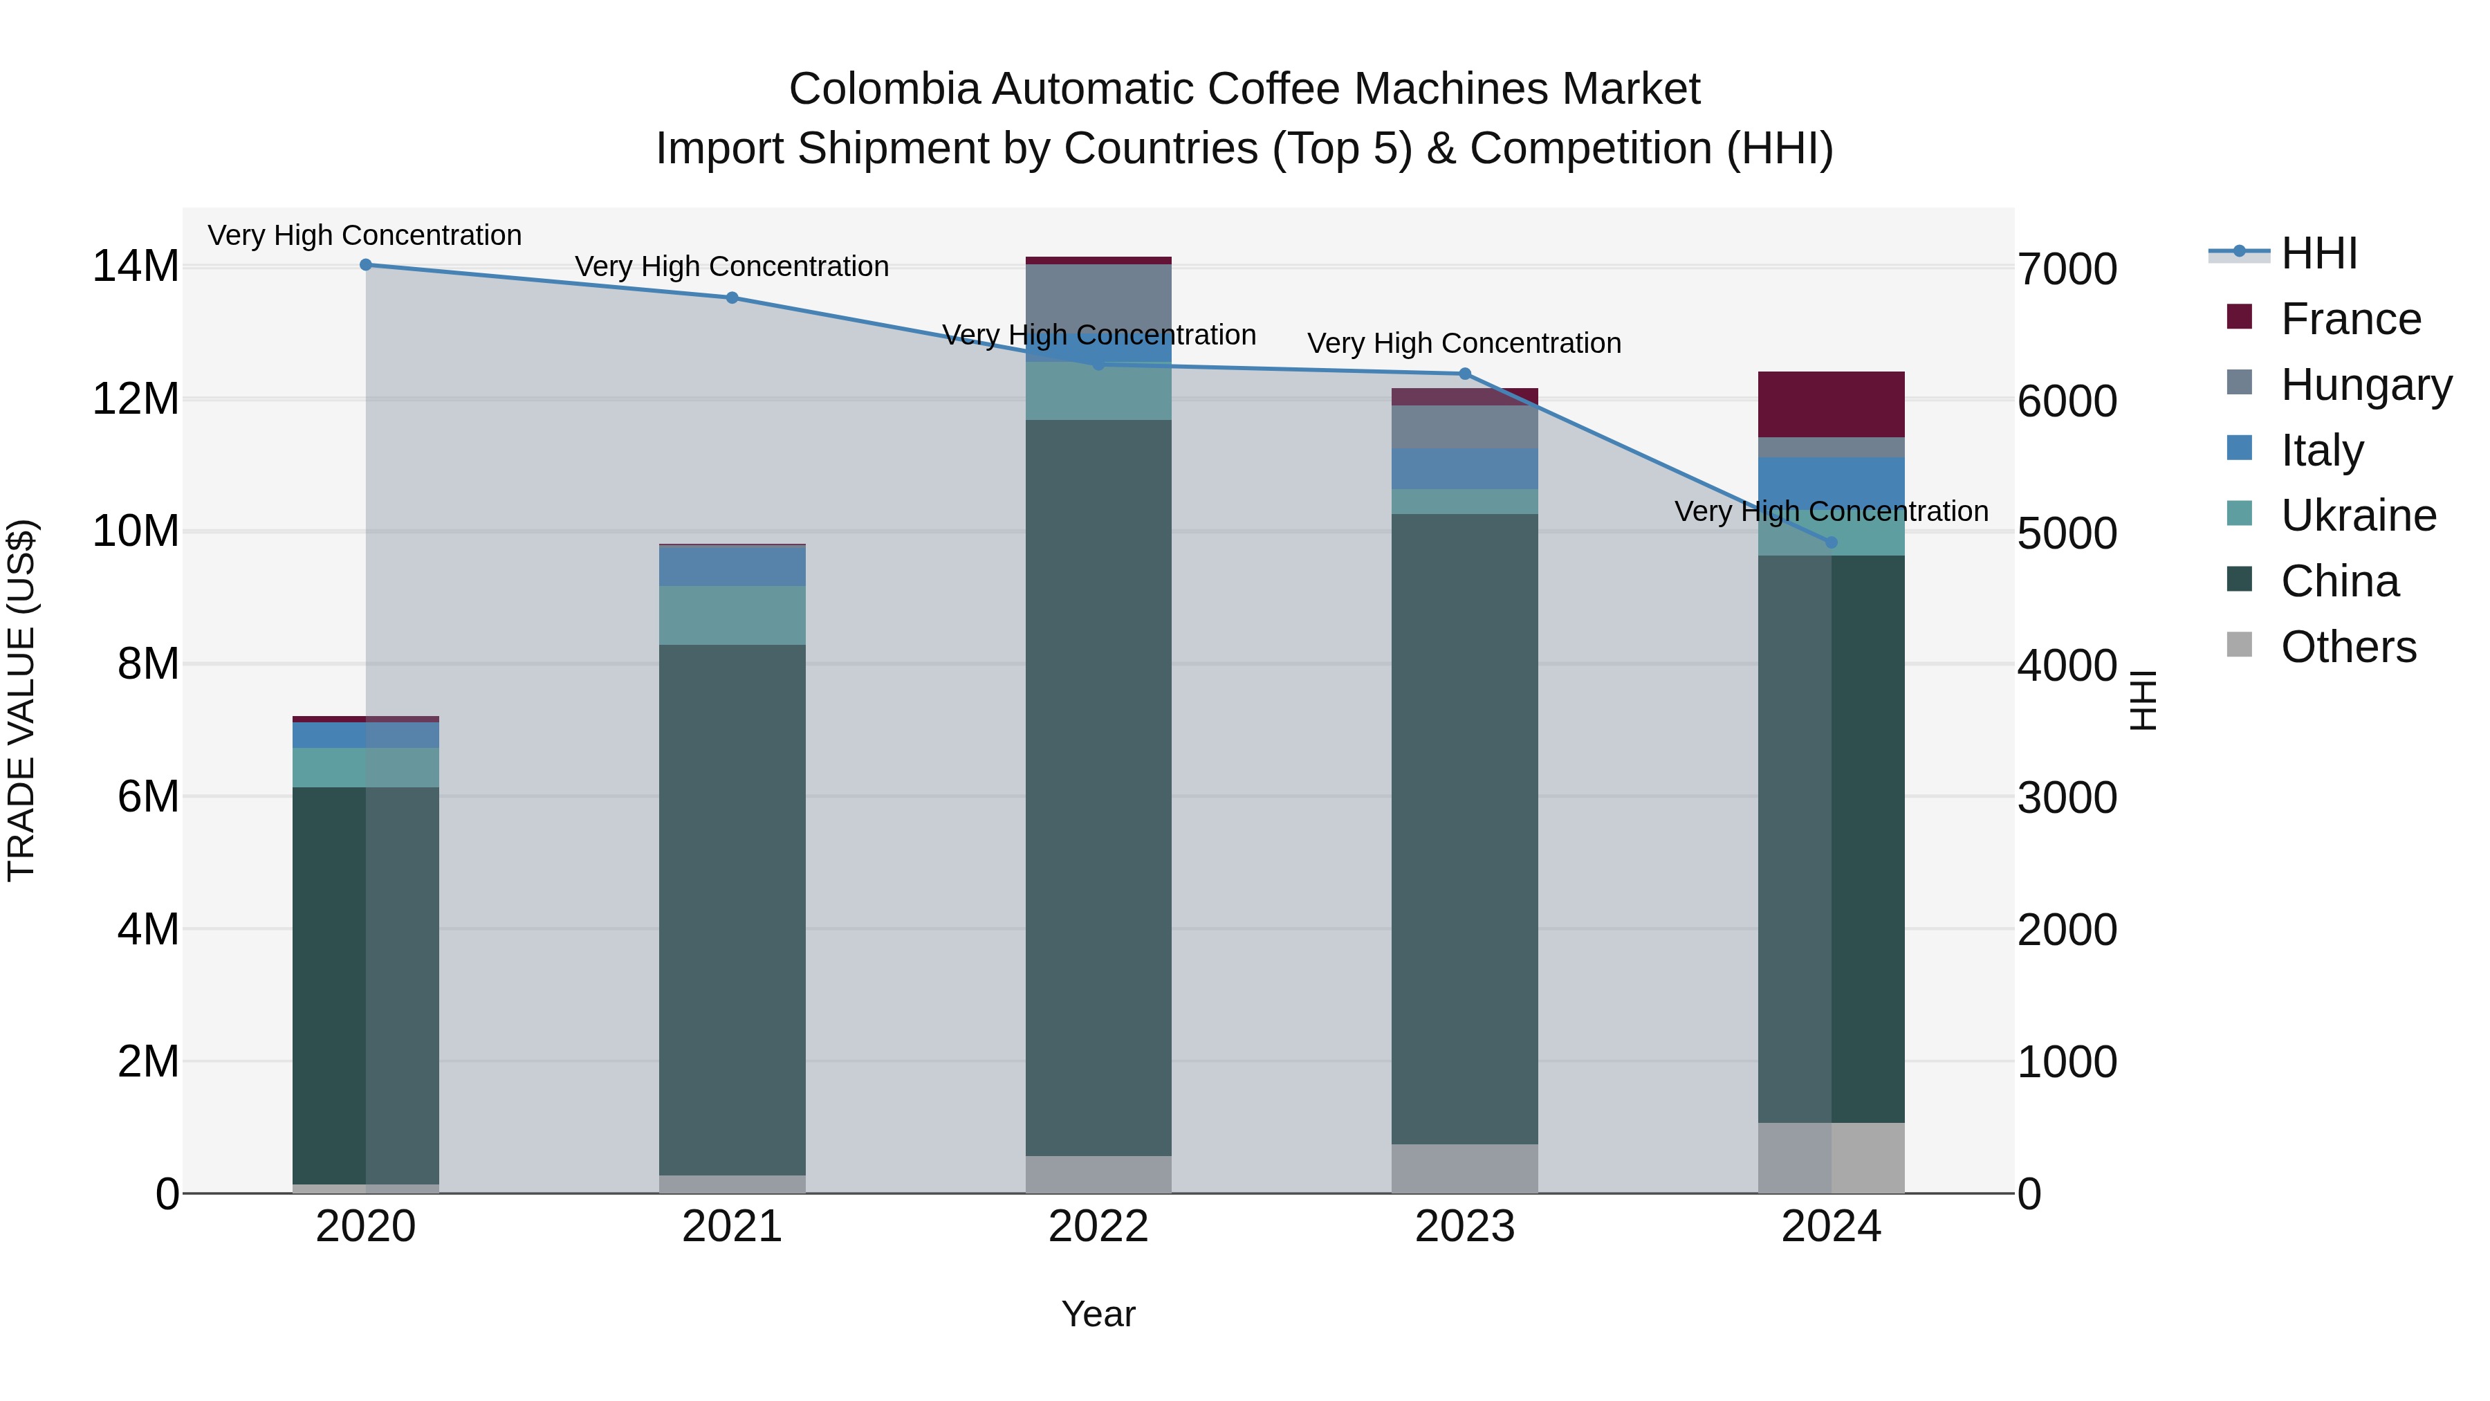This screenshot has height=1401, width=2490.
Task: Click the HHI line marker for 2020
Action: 365,265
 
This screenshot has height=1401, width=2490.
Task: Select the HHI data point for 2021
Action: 732,297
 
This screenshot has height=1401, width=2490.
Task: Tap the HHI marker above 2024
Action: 1831,542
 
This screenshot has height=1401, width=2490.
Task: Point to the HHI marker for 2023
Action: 1464,374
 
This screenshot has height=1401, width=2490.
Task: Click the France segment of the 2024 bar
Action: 1831,404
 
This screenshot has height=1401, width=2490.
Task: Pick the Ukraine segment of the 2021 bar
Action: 732,615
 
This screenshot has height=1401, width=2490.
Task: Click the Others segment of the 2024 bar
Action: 1831,1157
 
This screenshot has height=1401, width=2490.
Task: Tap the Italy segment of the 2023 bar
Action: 1464,469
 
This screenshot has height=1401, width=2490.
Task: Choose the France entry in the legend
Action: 2350,319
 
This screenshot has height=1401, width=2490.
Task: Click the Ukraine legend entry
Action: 2358,515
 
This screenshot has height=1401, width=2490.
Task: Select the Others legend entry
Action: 2348,647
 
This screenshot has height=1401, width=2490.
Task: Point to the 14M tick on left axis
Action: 136,266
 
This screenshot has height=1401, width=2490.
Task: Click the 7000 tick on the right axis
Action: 2067,269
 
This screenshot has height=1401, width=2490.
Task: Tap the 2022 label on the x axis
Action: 1098,1227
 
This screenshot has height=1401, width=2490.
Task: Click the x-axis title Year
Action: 1098,1314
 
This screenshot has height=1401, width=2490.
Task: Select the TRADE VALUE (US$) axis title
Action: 21,700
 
